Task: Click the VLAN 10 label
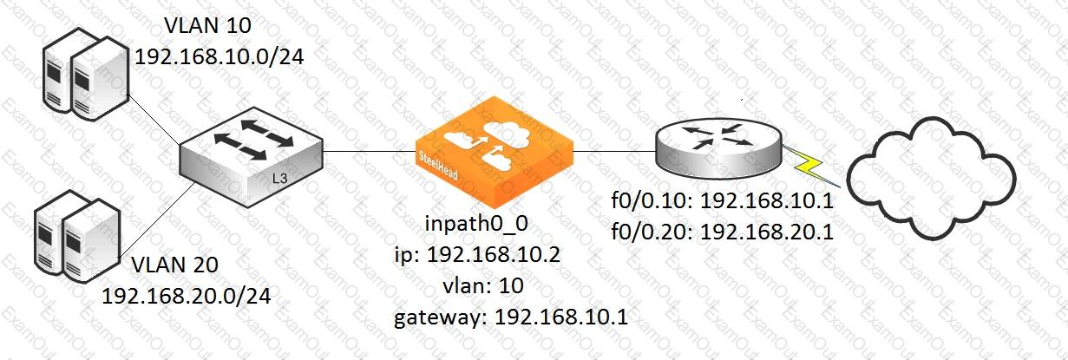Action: click(208, 25)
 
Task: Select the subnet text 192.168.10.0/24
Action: click(219, 57)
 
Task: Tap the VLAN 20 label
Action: click(174, 265)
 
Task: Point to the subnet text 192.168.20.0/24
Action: click(187, 297)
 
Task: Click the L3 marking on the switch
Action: click(280, 179)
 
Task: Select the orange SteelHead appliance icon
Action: click(494, 153)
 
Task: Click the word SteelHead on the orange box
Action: click(438, 166)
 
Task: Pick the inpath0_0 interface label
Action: click(476, 224)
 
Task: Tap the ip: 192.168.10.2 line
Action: click(477, 255)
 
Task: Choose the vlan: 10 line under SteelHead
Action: click(483, 286)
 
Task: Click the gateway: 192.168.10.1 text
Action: click(511, 317)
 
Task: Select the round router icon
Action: click(719, 149)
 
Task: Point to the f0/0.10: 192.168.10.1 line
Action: click(723, 200)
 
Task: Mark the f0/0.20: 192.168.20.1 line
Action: click(723, 232)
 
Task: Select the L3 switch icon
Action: click(252, 157)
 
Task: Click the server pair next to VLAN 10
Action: click(86, 74)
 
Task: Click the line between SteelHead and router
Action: click(614, 151)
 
